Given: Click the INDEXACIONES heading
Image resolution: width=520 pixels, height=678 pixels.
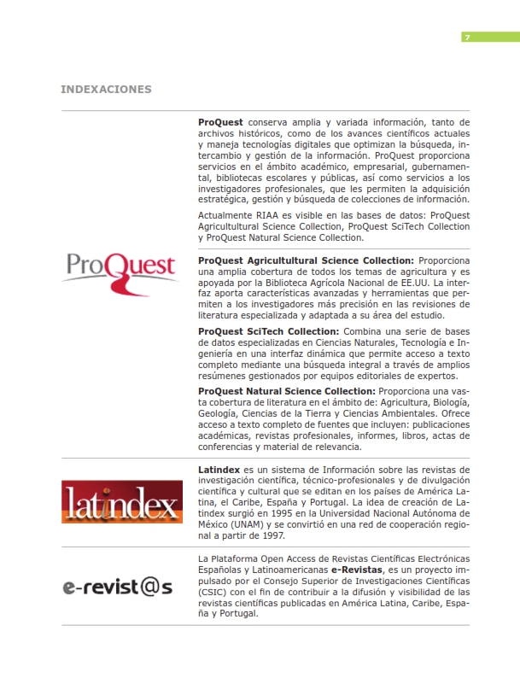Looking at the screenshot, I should tap(106, 89).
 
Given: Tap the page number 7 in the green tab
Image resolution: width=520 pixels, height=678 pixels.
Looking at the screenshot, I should tap(467, 37).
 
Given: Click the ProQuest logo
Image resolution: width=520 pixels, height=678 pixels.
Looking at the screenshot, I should tap(120, 268).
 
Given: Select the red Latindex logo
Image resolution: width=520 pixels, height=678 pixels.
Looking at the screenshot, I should tap(120, 502).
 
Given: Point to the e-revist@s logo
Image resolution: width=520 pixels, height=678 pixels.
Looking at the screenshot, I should tap(117, 587).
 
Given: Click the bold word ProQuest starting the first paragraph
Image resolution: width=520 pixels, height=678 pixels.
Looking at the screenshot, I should tap(220, 122).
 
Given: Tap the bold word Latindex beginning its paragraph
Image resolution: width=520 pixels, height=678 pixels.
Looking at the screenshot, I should tap(219, 470).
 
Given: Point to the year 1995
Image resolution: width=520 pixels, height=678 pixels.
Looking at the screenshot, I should tap(283, 514).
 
